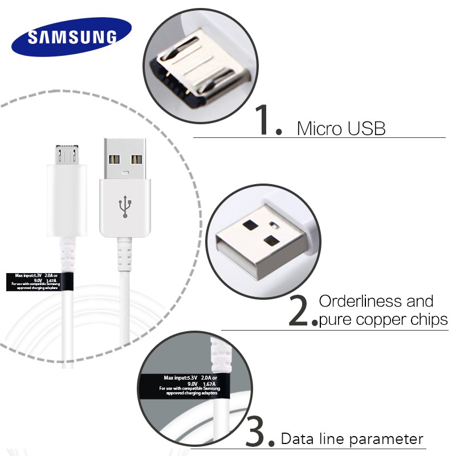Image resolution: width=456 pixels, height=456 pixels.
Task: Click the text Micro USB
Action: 341,128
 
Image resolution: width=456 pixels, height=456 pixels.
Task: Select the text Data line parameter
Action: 352,439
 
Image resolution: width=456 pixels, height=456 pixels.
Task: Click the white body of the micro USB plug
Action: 67,199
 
